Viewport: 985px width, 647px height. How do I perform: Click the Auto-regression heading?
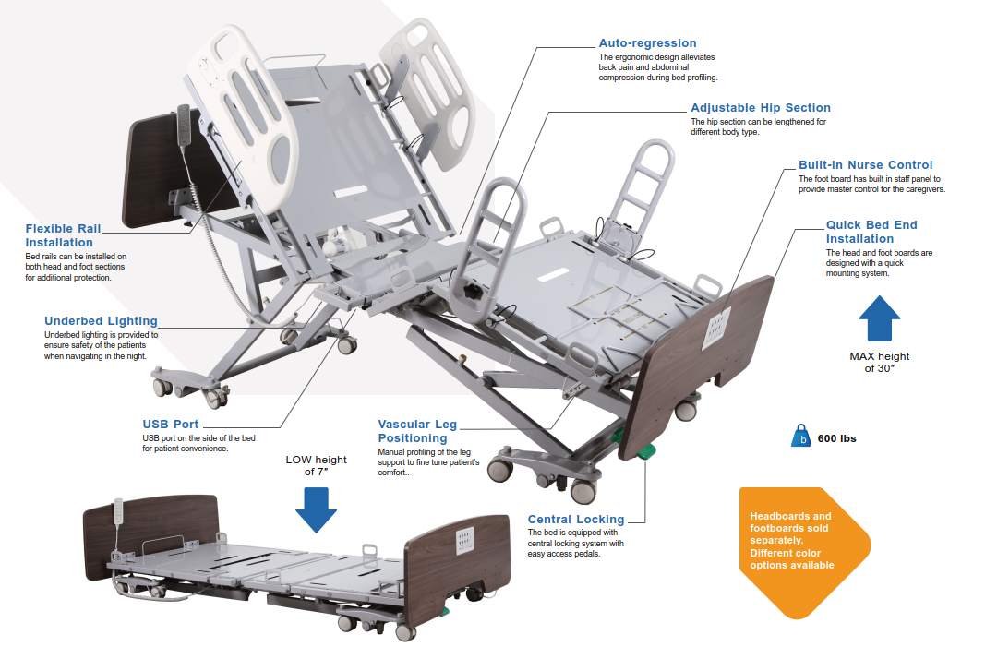(647, 43)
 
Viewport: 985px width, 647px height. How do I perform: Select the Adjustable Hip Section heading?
(760, 108)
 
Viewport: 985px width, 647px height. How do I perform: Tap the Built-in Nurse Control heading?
(865, 165)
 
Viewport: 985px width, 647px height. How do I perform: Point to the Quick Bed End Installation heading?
(871, 232)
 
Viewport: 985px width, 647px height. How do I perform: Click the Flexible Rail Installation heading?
(63, 235)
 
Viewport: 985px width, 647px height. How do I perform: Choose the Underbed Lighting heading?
(101, 321)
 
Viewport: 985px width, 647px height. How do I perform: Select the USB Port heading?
(170, 425)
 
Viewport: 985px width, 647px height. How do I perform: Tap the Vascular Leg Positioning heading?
(416, 431)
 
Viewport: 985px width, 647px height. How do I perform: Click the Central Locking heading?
(575, 520)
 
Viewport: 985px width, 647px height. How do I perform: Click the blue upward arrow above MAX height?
(879, 318)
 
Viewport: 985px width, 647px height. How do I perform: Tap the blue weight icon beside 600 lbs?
(801, 437)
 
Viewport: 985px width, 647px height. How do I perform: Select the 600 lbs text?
(836, 438)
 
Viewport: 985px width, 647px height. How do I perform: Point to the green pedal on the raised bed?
(645, 452)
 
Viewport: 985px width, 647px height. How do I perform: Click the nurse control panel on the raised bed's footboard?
(717, 328)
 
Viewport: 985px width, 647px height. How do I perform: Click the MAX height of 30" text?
(879, 362)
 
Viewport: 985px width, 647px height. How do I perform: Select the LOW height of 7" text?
(316, 465)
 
